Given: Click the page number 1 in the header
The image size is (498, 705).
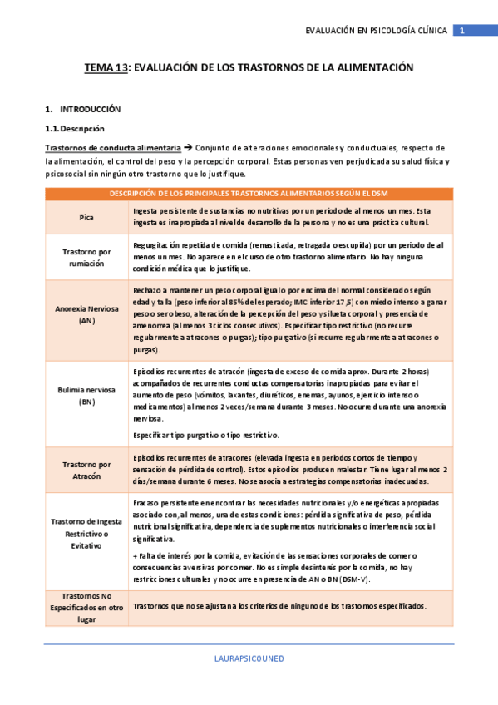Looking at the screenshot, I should pos(462,31).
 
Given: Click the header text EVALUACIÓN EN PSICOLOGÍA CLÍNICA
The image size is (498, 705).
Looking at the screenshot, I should pos(377,31).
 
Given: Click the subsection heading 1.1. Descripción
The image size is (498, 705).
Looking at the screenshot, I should pos(75,128).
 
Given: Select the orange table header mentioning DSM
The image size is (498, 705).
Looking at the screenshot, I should pos(249,194).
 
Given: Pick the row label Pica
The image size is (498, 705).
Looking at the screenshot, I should pos(86,217).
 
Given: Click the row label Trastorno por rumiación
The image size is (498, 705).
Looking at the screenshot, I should pos(86,257).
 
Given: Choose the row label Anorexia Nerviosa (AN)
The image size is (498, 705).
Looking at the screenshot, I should pos(86,314).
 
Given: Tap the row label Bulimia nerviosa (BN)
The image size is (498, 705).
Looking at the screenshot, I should pos(86,396).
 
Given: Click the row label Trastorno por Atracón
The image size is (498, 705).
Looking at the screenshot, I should pos(86,471).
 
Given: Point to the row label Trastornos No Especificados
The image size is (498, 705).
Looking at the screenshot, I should pos(86,607).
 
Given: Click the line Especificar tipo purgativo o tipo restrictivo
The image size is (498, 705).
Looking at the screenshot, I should pos(206,435).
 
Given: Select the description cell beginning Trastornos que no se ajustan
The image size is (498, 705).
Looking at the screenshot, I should pos(279,606).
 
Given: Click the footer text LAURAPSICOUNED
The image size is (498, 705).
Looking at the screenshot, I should pos(249,658).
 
